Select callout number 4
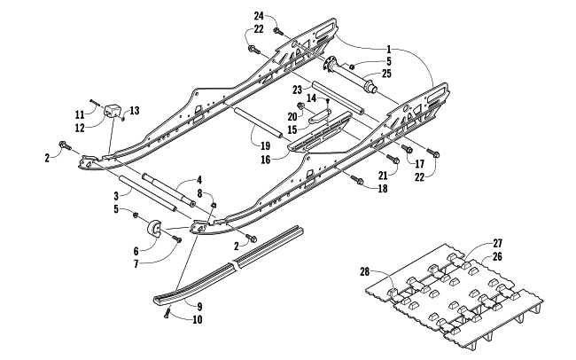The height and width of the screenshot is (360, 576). pyautogui.click(x=199, y=179)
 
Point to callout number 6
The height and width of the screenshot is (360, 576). pyautogui.click(x=136, y=250)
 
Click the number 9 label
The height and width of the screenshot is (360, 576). pyautogui.click(x=198, y=306)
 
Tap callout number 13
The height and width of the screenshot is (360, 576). pyautogui.click(x=135, y=110)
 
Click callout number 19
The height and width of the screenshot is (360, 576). pyautogui.click(x=264, y=144)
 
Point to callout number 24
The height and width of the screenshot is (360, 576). pyautogui.click(x=259, y=16)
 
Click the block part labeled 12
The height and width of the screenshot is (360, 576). pyautogui.click(x=113, y=112)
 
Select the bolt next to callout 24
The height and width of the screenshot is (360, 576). pyautogui.click(x=276, y=30)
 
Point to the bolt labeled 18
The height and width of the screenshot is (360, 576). pyautogui.click(x=356, y=181)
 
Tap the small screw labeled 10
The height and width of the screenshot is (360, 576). pyautogui.click(x=167, y=312)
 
